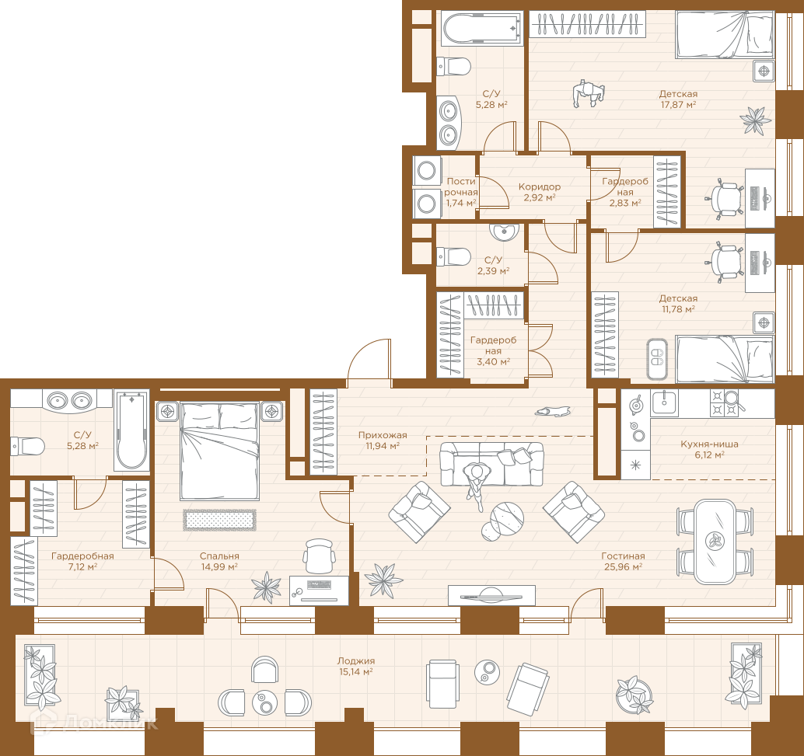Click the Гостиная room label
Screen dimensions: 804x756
coord(623,556)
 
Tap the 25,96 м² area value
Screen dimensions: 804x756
coord(623,567)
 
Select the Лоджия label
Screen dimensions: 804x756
coord(356,660)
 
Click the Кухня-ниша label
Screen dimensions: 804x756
coord(710,444)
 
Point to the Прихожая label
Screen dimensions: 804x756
coord(383,434)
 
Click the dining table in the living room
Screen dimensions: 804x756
coord(715,542)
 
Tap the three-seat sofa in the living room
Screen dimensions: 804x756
coord(491,464)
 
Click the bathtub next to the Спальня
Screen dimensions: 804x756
coord(131,430)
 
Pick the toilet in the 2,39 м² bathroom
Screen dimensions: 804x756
coord(453,256)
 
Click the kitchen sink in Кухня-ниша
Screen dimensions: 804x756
coord(664,402)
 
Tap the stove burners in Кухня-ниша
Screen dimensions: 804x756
coord(724,402)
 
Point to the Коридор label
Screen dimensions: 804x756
coord(540,186)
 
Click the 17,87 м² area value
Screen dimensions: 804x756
coord(678,105)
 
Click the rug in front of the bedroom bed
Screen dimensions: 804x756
coord(219,520)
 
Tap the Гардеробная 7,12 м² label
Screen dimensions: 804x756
coord(82,561)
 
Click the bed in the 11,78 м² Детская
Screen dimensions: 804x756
coord(724,359)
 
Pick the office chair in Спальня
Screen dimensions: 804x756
coord(319,556)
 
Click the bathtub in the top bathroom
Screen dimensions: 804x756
coord(482,29)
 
